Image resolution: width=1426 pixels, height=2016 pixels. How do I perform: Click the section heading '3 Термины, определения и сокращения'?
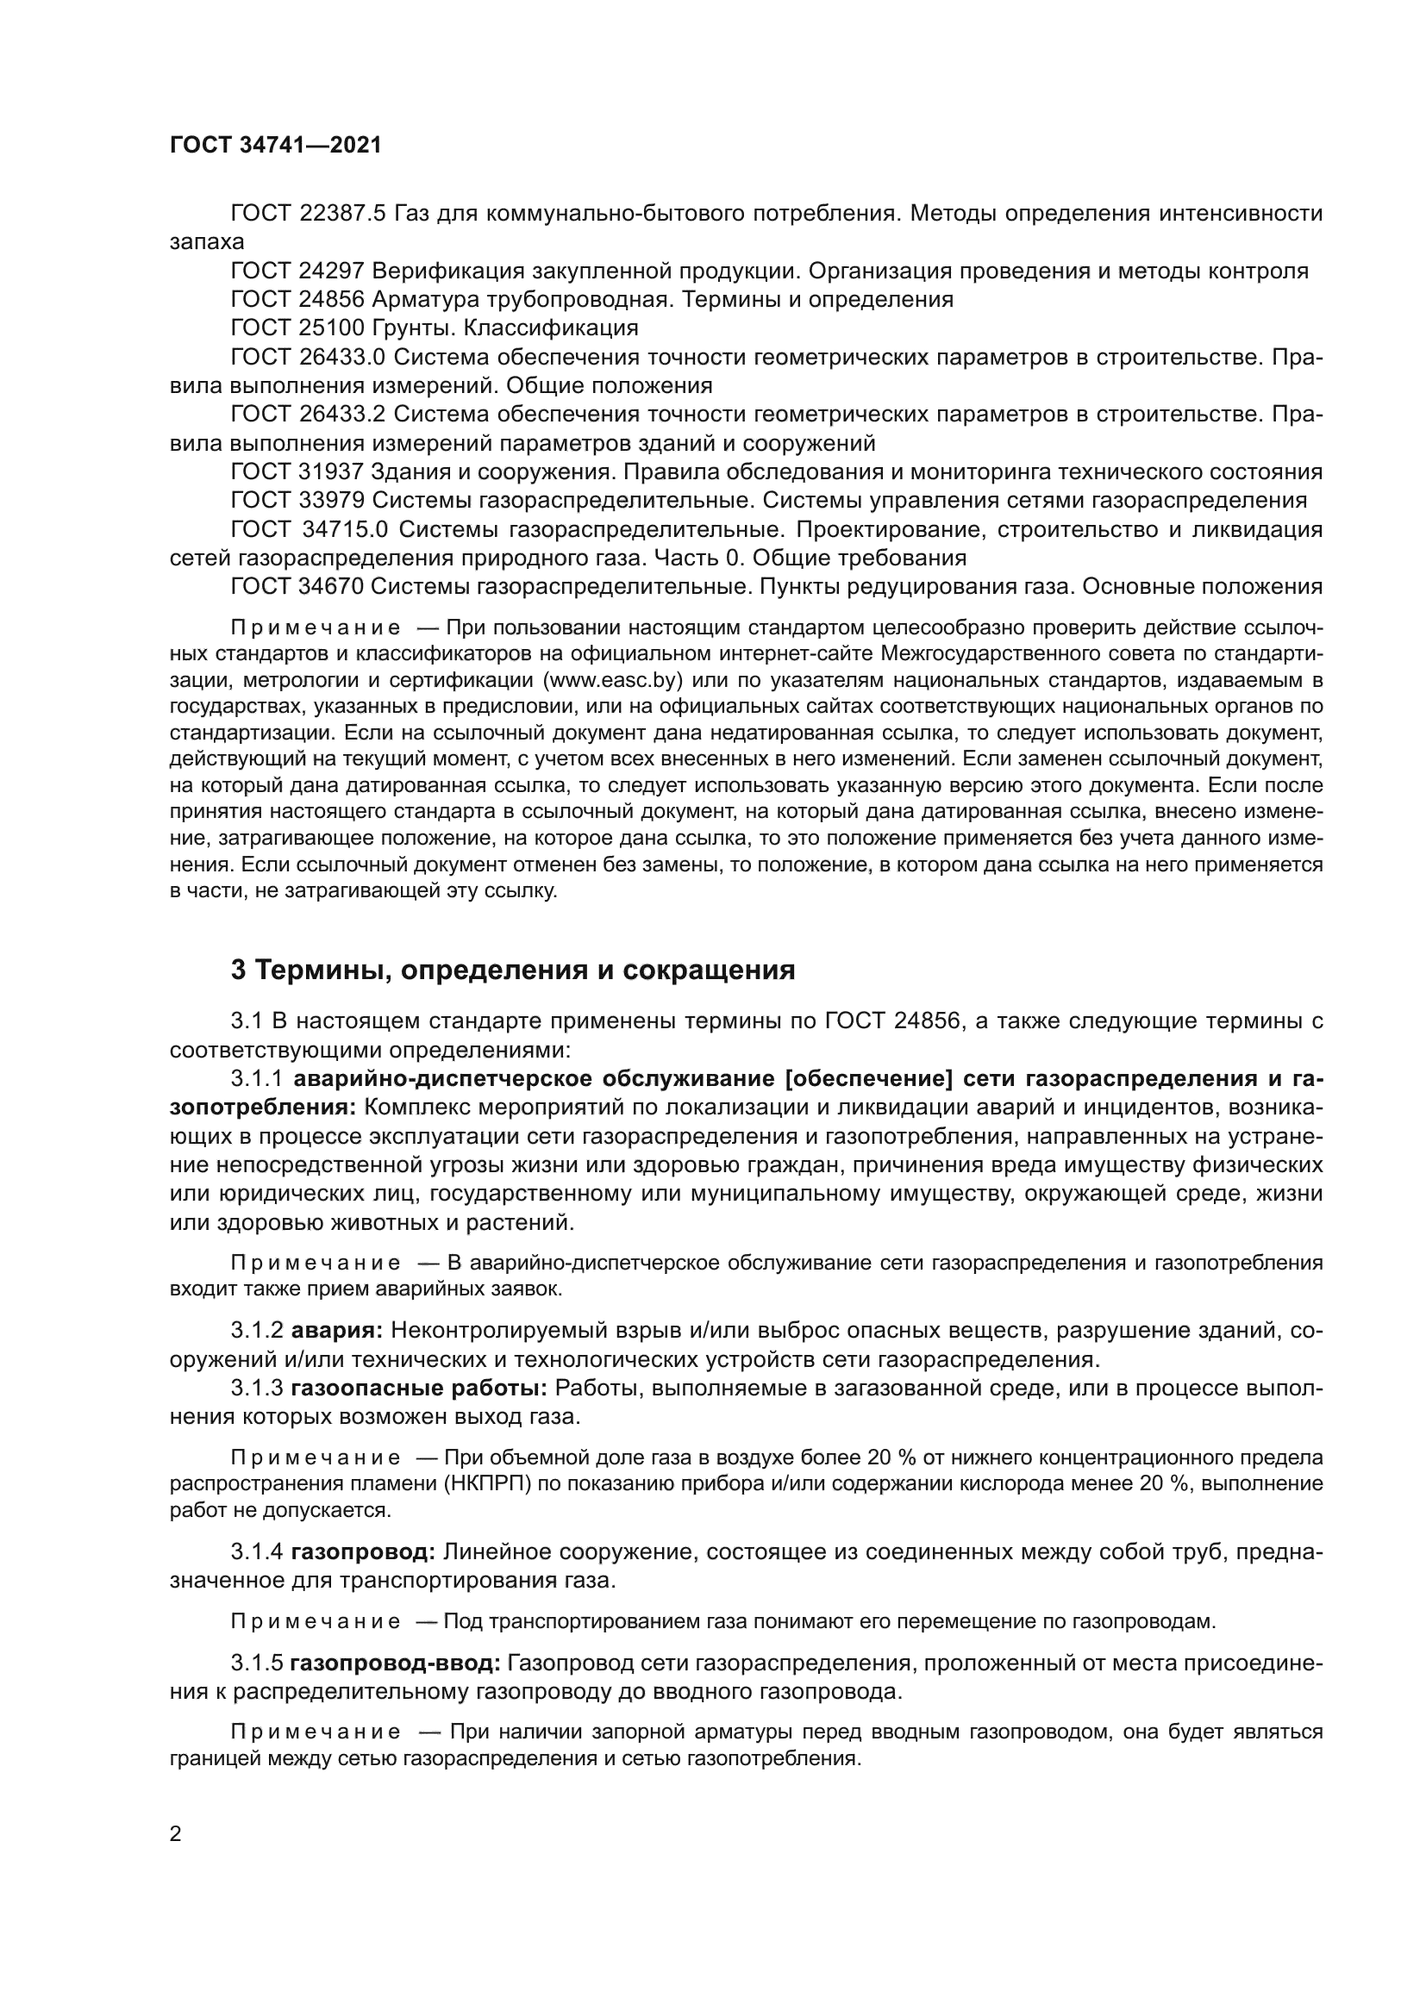pyautogui.click(x=513, y=971)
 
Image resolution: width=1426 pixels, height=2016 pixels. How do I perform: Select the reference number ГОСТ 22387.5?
pyautogui.click(x=307, y=214)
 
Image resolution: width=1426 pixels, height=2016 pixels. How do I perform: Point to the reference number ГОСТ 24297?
pyautogui.click(x=297, y=272)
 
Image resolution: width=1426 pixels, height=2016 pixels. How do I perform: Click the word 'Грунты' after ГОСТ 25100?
pyautogui.click(x=413, y=328)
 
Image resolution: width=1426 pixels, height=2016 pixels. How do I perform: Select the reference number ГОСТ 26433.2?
pyautogui.click(x=307, y=415)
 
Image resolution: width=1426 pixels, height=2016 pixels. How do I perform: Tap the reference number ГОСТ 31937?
pyautogui.click(x=297, y=472)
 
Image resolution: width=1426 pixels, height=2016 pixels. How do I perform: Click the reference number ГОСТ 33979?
pyautogui.click(x=297, y=501)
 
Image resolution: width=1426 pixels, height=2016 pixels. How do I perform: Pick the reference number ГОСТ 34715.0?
pyautogui.click(x=310, y=529)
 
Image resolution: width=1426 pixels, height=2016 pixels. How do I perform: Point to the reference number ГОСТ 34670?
pyautogui.click(x=297, y=587)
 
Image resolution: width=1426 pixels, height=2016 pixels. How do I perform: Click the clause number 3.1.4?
pyautogui.click(x=256, y=1552)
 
